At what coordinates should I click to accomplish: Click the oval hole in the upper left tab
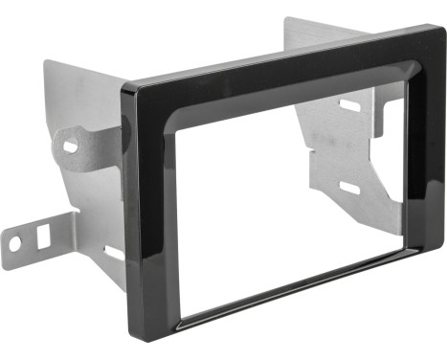click(71, 146)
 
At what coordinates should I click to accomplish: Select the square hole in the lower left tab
click(43, 233)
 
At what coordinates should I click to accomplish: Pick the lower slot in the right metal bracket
click(350, 188)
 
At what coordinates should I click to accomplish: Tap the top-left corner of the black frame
click(126, 89)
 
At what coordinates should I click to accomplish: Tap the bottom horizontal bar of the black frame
click(297, 292)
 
